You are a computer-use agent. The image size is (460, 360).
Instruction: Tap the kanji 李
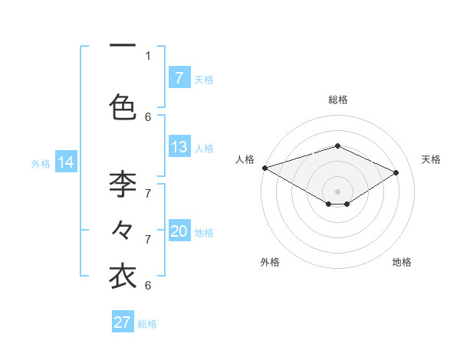123,184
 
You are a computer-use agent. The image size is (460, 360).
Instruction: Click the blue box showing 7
179,77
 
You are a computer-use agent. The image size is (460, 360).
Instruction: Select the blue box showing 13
179,148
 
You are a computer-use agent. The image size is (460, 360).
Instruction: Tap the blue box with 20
179,232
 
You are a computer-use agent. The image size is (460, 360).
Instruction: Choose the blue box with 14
66,162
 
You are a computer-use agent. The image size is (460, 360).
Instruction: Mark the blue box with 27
123,322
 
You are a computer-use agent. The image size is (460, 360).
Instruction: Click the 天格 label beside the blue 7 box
204,79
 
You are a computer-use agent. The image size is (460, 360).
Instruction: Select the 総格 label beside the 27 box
147,324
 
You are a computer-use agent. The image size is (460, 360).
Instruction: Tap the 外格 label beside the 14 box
40,163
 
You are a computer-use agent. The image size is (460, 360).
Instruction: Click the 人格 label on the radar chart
245,159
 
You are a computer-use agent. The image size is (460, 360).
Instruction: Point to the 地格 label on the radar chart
402,262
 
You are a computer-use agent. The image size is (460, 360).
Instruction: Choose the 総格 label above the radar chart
337,100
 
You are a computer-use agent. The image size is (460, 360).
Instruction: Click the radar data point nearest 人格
264,168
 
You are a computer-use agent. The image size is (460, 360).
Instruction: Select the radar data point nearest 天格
396,173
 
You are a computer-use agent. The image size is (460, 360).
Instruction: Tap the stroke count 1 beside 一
148,55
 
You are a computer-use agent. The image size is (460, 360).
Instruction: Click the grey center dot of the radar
337,191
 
